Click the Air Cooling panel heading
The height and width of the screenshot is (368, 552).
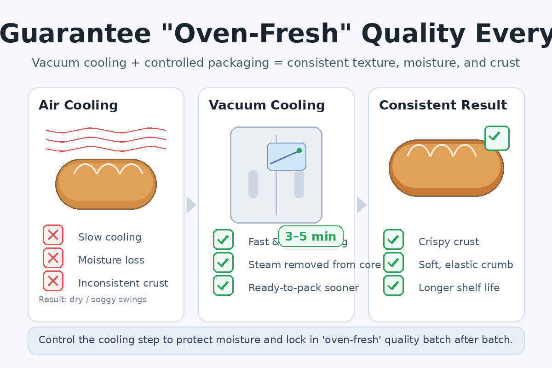coord(78,105)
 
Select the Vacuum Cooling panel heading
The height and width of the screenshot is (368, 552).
coord(267,105)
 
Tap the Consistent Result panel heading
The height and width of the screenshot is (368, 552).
coord(443,105)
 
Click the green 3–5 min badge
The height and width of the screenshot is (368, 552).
coord(311,236)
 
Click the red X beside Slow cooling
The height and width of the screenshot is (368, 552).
coord(53,235)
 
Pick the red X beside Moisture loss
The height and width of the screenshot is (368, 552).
coord(53,258)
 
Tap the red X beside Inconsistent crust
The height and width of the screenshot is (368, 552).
coord(53,281)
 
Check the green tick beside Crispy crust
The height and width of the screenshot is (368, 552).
coord(393,239)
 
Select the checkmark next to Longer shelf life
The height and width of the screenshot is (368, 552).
coord(393,285)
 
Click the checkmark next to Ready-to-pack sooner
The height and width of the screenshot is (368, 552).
coord(223,285)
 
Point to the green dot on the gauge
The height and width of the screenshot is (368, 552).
coord(299,150)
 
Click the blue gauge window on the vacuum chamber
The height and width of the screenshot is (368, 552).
coord(286,156)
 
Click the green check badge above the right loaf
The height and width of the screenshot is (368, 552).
coord(497,138)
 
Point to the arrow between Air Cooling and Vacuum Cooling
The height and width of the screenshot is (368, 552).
coord(191,205)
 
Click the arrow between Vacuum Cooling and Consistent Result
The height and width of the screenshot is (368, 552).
coord(361,205)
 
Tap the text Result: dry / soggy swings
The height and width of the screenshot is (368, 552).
coord(92,299)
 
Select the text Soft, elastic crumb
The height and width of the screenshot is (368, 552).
coord(466,265)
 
